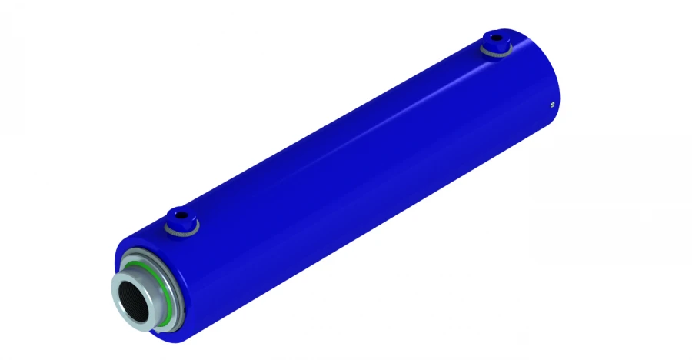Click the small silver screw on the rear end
coord(552,105)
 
